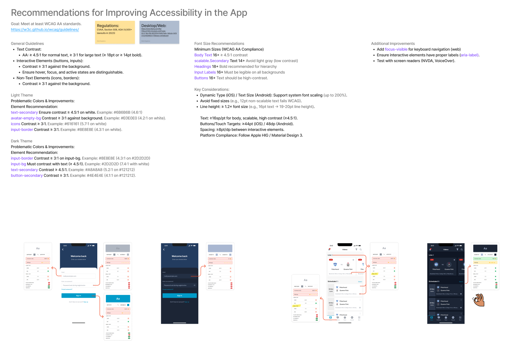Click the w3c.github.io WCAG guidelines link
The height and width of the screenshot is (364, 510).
(x=45, y=30)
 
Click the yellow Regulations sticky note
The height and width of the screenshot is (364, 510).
(x=115, y=32)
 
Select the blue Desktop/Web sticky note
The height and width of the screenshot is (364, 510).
(x=159, y=32)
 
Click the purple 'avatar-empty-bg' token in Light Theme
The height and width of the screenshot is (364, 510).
(x=26, y=118)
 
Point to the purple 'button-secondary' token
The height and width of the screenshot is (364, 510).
(x=27, y=175)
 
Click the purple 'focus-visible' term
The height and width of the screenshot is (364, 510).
(x=396, y=50)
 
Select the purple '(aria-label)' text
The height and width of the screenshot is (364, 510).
(x=469, y=55)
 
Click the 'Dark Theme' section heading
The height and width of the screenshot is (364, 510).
(x=21, y=141)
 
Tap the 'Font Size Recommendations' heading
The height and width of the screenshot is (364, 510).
(x=219, y=44)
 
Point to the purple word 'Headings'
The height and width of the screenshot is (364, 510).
(x=203, y=67)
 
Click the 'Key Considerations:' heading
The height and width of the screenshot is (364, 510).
(x=212, y=89)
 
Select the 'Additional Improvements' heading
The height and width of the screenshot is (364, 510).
(x=393, y=44)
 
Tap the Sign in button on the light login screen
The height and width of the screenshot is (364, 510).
(x=78, y=296)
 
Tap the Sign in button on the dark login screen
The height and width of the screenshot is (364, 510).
(x=179, y=296)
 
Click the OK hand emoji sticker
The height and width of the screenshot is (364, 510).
(x=478, y=300)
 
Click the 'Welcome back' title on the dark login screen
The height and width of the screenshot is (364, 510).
(x=179, y=256)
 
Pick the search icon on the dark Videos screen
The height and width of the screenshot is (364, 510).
(x=461, y=249)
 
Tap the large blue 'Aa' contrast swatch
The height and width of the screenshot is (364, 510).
(x=118, y=299)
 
